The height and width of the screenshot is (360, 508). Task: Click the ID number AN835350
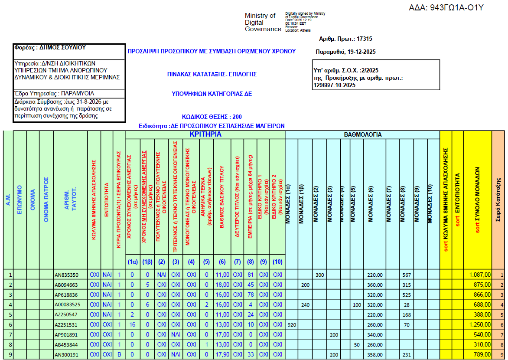click(x=66, y=275)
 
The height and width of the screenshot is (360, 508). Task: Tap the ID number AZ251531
click(x=66, y=324)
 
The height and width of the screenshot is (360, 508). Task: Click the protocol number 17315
click(x=364, y=39)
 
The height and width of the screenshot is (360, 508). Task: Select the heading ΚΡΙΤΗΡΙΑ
click(x=205, y=135)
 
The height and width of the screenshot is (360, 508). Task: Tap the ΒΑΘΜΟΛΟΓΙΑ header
click(x=362, y=135)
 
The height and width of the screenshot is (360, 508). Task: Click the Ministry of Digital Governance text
click(x=263, y=22)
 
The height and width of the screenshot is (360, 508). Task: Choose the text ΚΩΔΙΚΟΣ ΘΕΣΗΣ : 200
click(x=212, y=117)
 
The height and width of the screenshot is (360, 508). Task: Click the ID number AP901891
click(x=66, y=334)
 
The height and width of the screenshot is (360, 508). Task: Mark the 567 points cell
click(x=406, y=275)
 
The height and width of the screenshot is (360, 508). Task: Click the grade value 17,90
click(x=222, y=354)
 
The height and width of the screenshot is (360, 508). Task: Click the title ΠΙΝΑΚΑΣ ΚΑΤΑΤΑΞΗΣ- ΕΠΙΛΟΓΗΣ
click(x=212, y=75)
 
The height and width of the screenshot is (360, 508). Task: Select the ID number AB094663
click(x=66, y=285)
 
